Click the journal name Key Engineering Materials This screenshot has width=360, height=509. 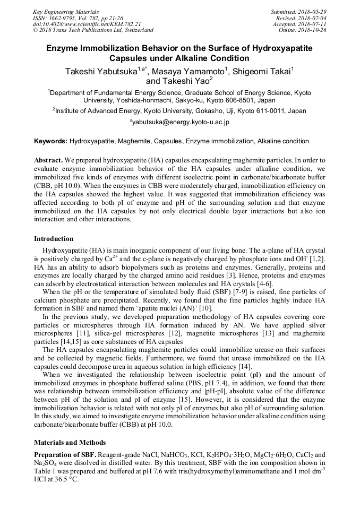pyautogui.click(x=66, y=12)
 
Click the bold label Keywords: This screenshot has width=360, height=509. pyautogui.click(x=50, y=141)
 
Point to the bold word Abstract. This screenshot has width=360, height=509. pyautogui.click(x=49, y=160)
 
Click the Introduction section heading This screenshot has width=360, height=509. pyautogui.click(x=54, y=239)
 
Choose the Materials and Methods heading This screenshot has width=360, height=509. pyautogui.click(x=70, y=442)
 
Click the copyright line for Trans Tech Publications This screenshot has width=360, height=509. pyautogui.click(x=93, y=30)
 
